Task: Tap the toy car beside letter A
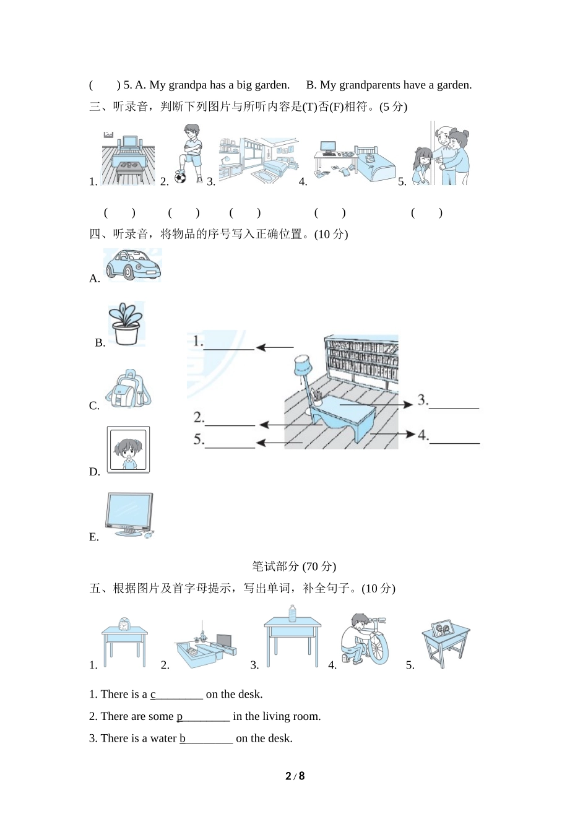click(133, 264)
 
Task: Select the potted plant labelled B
click(126, 324)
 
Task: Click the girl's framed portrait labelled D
click(129, 449)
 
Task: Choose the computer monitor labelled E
click(129, 515)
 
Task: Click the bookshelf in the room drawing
click(361, 358)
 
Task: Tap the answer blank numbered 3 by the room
click(454, 408)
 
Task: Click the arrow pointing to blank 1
click(275, 347)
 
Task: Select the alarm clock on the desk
click(124, 625)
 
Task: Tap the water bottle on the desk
click(292, 613)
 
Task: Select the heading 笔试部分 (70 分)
click(294, 566)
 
